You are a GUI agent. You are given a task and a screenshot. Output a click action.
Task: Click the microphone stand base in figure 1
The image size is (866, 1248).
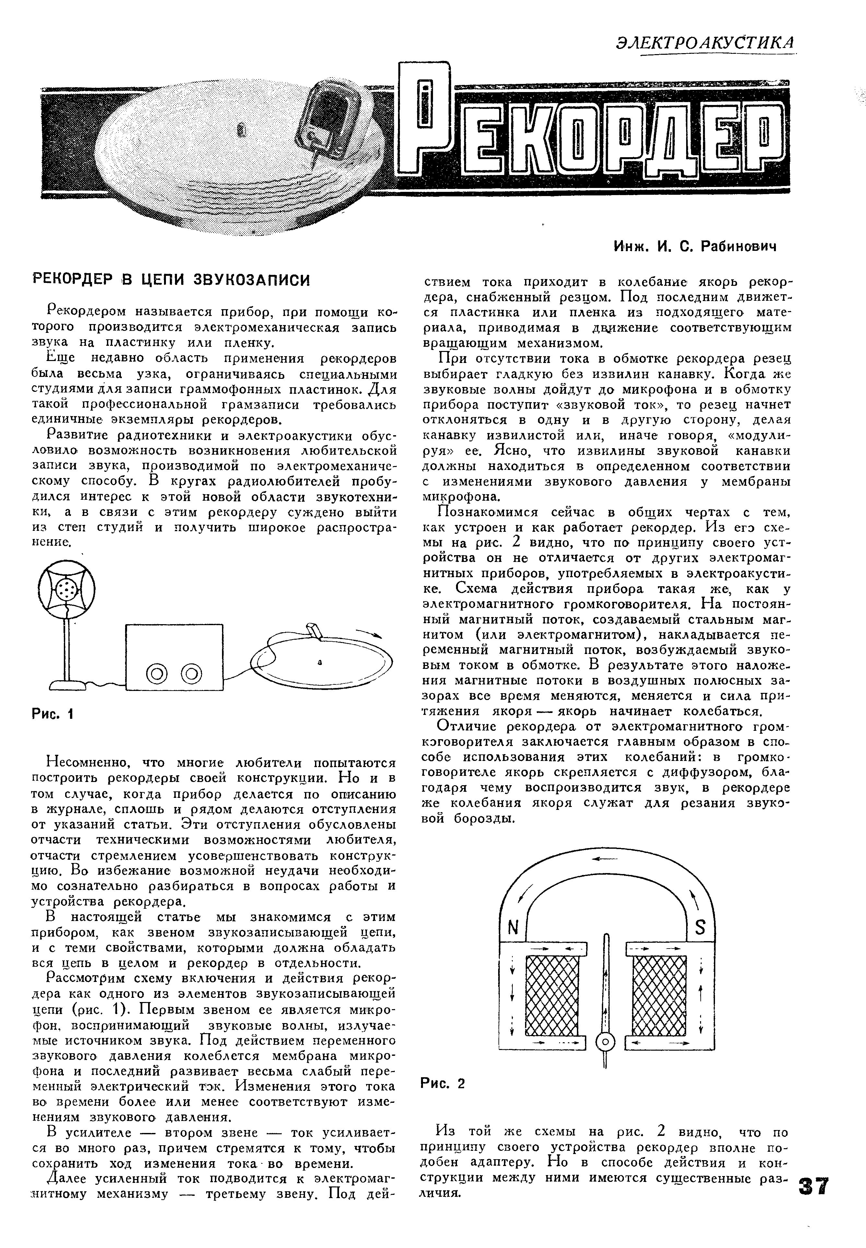coord(68,685)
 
